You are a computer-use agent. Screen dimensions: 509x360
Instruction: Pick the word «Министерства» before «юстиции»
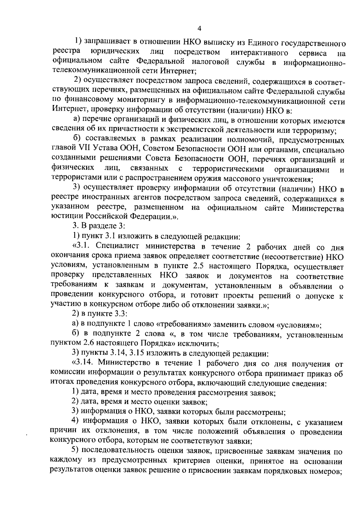[x=318, y=208]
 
